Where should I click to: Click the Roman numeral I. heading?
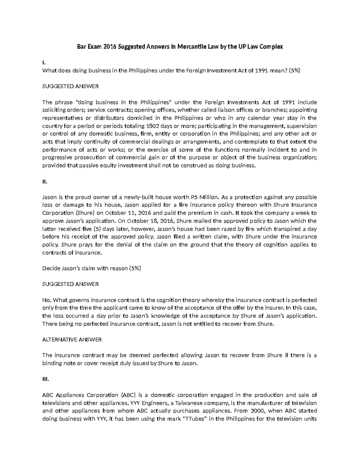[x=44, y=63]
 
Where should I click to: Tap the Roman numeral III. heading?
[x=45, y=379]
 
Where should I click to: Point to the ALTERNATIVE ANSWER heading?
[x=72, y=339]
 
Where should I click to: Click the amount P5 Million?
[x=205, y=197]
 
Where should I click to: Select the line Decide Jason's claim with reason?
[x=91, y=268]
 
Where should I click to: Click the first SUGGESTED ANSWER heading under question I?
[x=70, y=86]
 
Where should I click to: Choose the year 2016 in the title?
[x=110, y=47]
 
